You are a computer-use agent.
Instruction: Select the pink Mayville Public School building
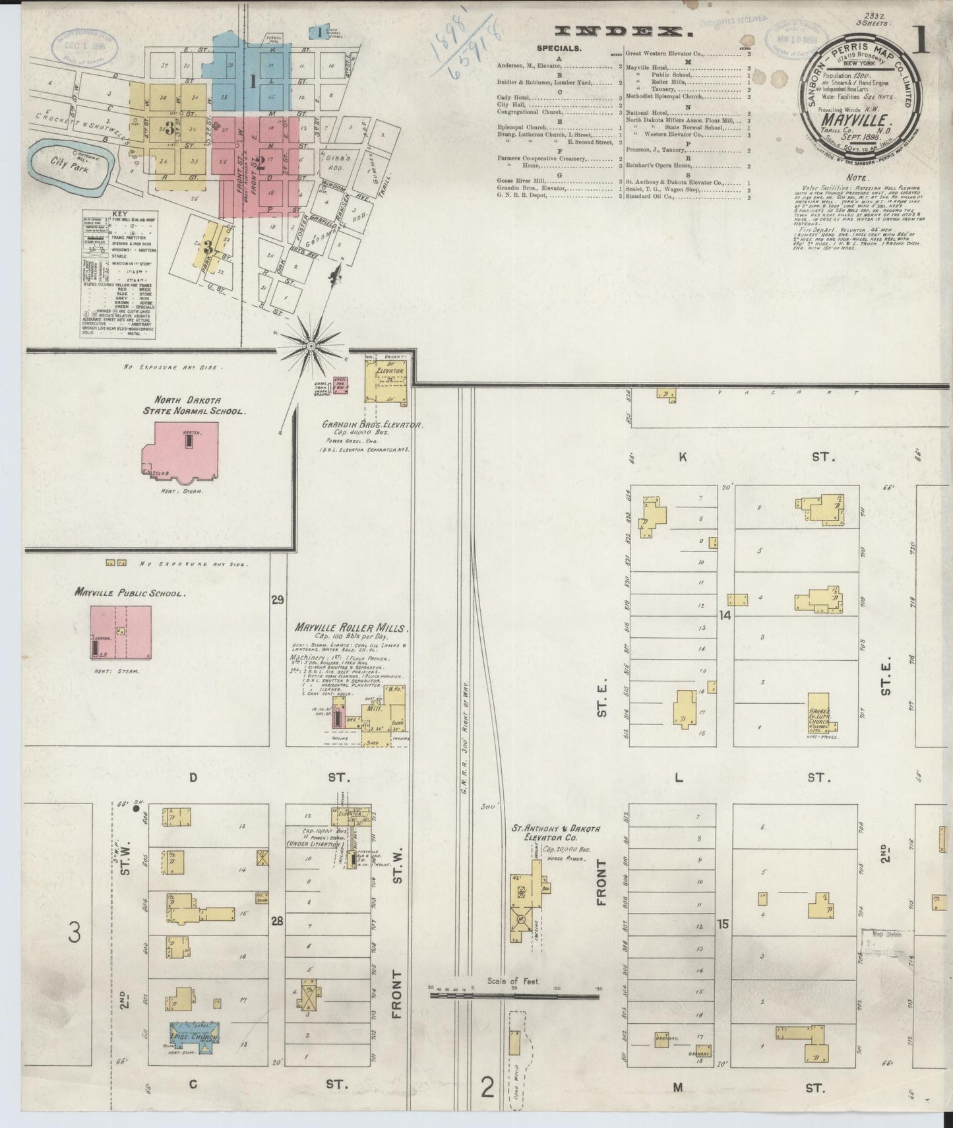[121, 632]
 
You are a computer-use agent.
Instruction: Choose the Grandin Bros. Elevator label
[372, 425]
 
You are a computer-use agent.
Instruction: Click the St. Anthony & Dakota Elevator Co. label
[555, 832]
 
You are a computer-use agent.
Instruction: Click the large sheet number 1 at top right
[922, 41]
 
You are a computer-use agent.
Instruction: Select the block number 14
[725, 615]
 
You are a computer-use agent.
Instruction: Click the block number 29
[277, 600]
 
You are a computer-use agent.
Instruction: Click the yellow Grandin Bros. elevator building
[387, 381]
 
